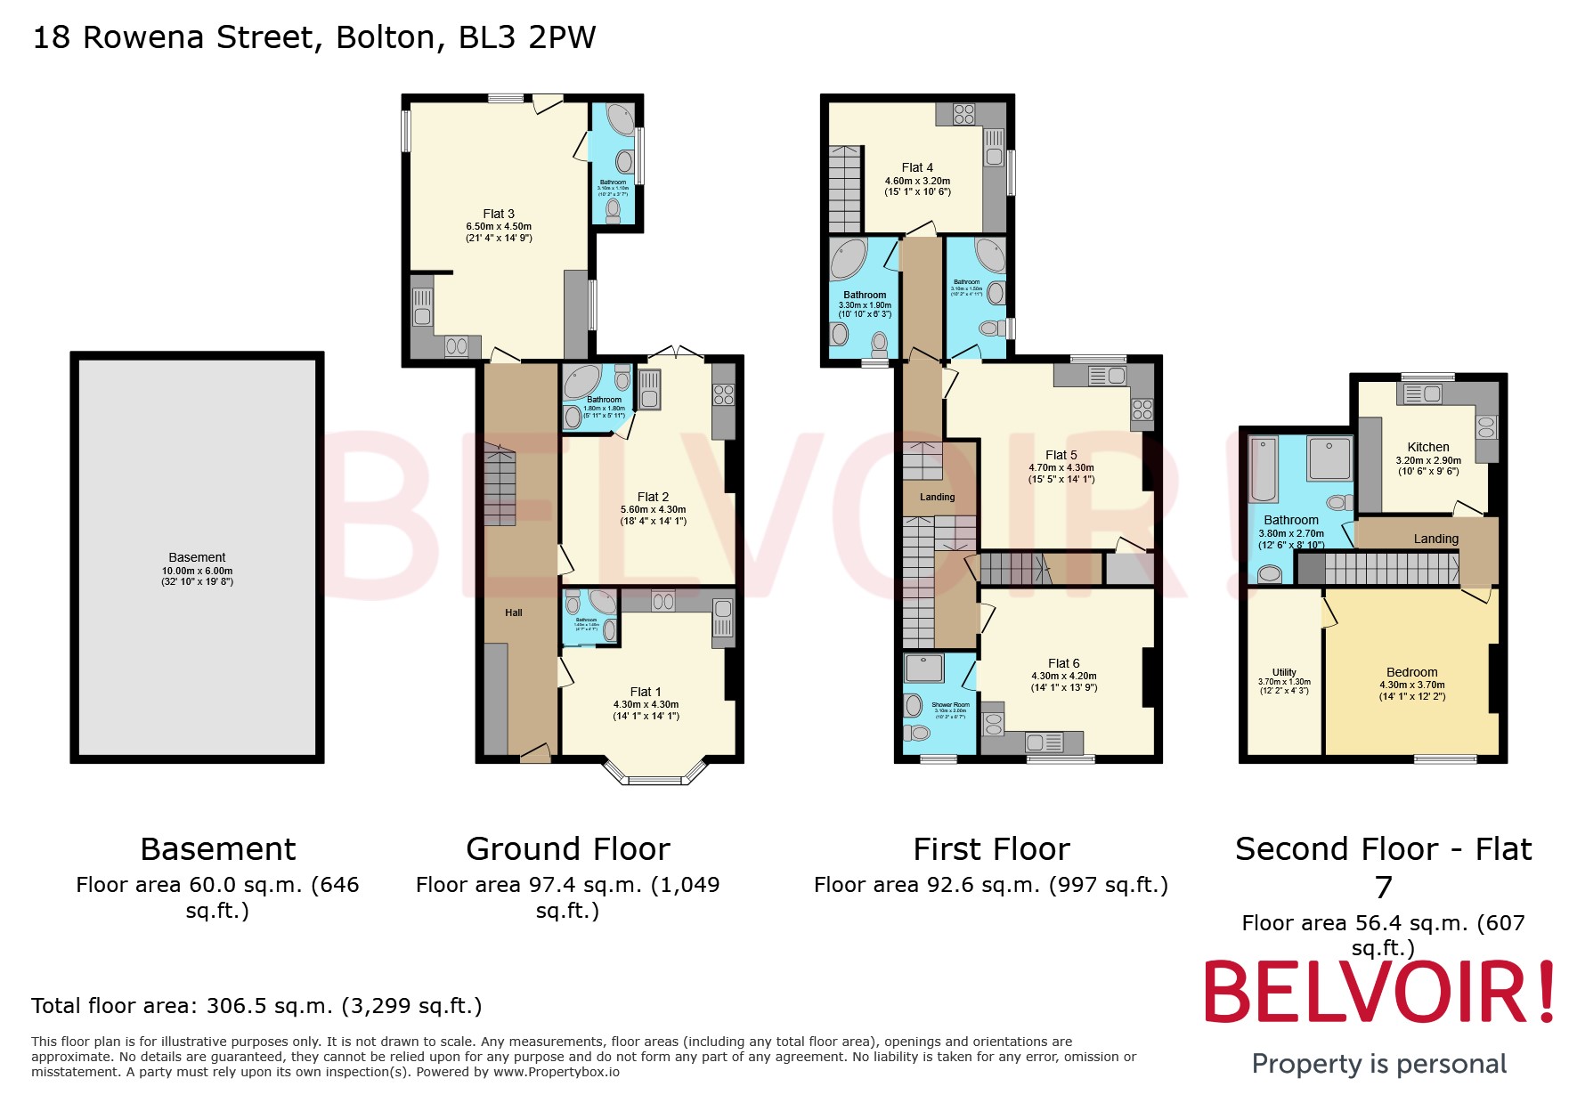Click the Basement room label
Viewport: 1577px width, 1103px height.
pyautogui.click(x=197, y=557)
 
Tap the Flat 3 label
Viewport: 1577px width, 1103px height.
pyautogui.click(x=499, y=214)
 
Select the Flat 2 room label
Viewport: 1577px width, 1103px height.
pyautogui.click(x=653, y=497)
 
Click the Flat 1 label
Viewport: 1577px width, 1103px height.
pyautogui.click(x=646, y=692)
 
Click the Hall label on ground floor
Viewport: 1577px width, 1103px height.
pyautogui.click(x=514, y=612)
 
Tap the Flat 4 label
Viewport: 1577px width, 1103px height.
pyautogui.click(x=917, y=167)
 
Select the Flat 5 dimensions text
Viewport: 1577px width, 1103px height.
pyautogui.click(x=1061, y=474)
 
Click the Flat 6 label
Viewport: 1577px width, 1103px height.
pyautogui.click(x=1063, y=663)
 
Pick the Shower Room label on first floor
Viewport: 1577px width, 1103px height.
pyautogui.click(x=950, y=705)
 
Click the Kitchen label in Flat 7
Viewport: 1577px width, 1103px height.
pyautogui.click(x=1428, y=447)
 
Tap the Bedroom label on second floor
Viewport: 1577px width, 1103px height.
pyautogui.click(x=1411, y=672)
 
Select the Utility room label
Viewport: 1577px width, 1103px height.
pyautogui.click(x=1284, y=672)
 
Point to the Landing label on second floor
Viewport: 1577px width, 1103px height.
pyautogui.click(x=1435, y=539)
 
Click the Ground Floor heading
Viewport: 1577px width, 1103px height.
pyautogui.click(x=567, y=849)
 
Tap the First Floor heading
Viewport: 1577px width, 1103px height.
pyautogui.click(x=991, y=849)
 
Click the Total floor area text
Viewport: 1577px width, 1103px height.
pyautogui.click(x=256, y=1006)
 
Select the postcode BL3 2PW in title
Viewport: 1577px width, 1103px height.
pyautogui.click(x=526, y=37)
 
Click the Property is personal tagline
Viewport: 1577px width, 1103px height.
pyautogui.click(x=1378, y=1064)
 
